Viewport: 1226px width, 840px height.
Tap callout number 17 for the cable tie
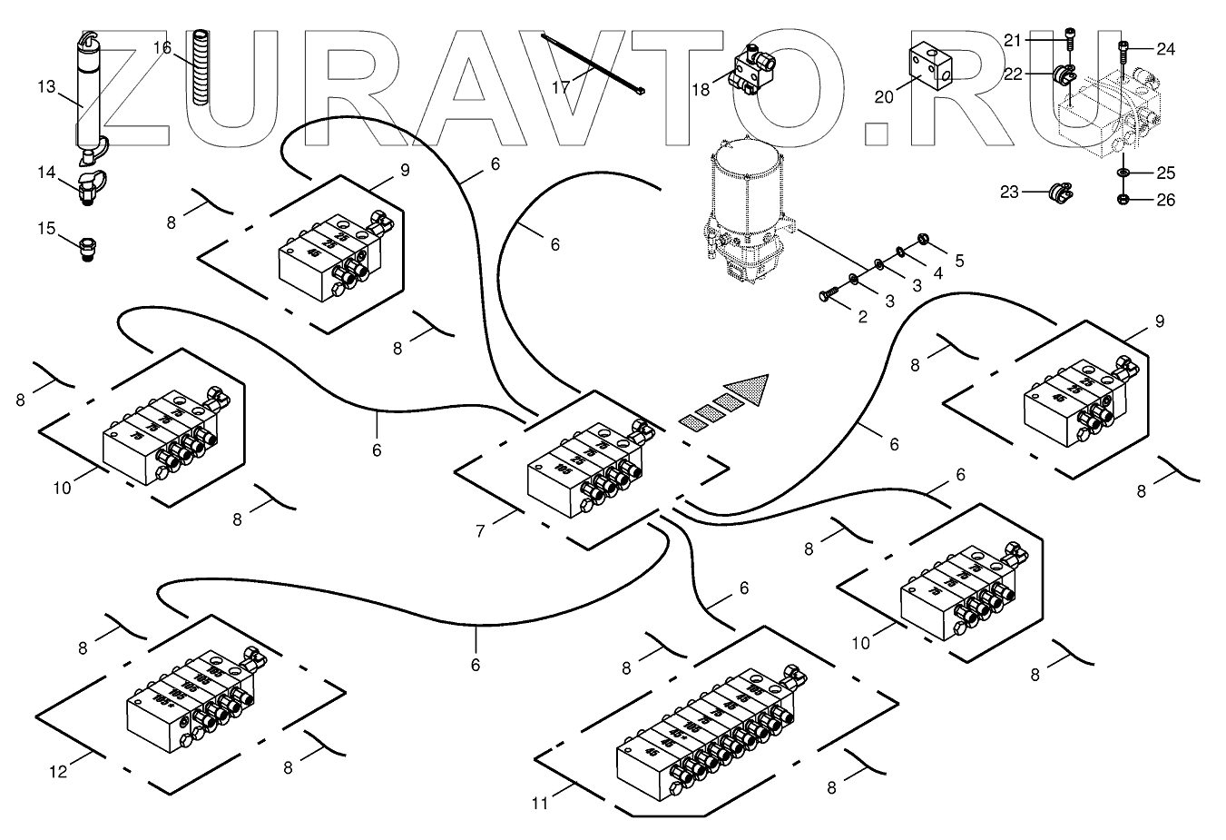tap(562, 86)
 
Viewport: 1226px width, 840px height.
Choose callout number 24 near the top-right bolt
tap(1165, 49)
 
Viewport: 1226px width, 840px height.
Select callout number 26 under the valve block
tap(1165, 200)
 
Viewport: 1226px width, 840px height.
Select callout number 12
tap(58, 772)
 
